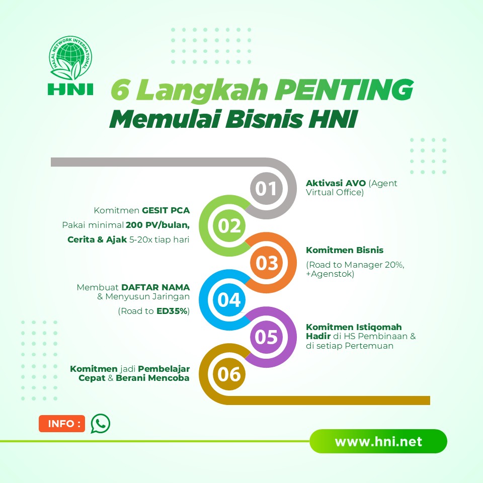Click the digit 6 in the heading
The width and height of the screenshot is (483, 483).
(119, 91)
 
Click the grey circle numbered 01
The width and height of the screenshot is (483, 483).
(266, 188)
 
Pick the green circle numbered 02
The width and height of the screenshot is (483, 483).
(230, 226)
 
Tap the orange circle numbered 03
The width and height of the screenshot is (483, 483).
(267, 263)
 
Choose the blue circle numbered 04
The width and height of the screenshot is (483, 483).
(229, 300)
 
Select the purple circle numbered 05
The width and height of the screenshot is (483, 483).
(267, 337)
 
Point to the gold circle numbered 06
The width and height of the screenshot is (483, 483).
(229, 374)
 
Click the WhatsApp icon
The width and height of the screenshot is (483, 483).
(100, 424)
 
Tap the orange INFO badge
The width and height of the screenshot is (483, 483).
(62, 424)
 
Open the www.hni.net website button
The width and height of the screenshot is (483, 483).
(378, 442)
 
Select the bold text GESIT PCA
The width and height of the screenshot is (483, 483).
(166, 210)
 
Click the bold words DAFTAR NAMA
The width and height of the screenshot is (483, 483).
(155, 287)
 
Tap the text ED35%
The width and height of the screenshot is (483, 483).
(172, 311)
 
